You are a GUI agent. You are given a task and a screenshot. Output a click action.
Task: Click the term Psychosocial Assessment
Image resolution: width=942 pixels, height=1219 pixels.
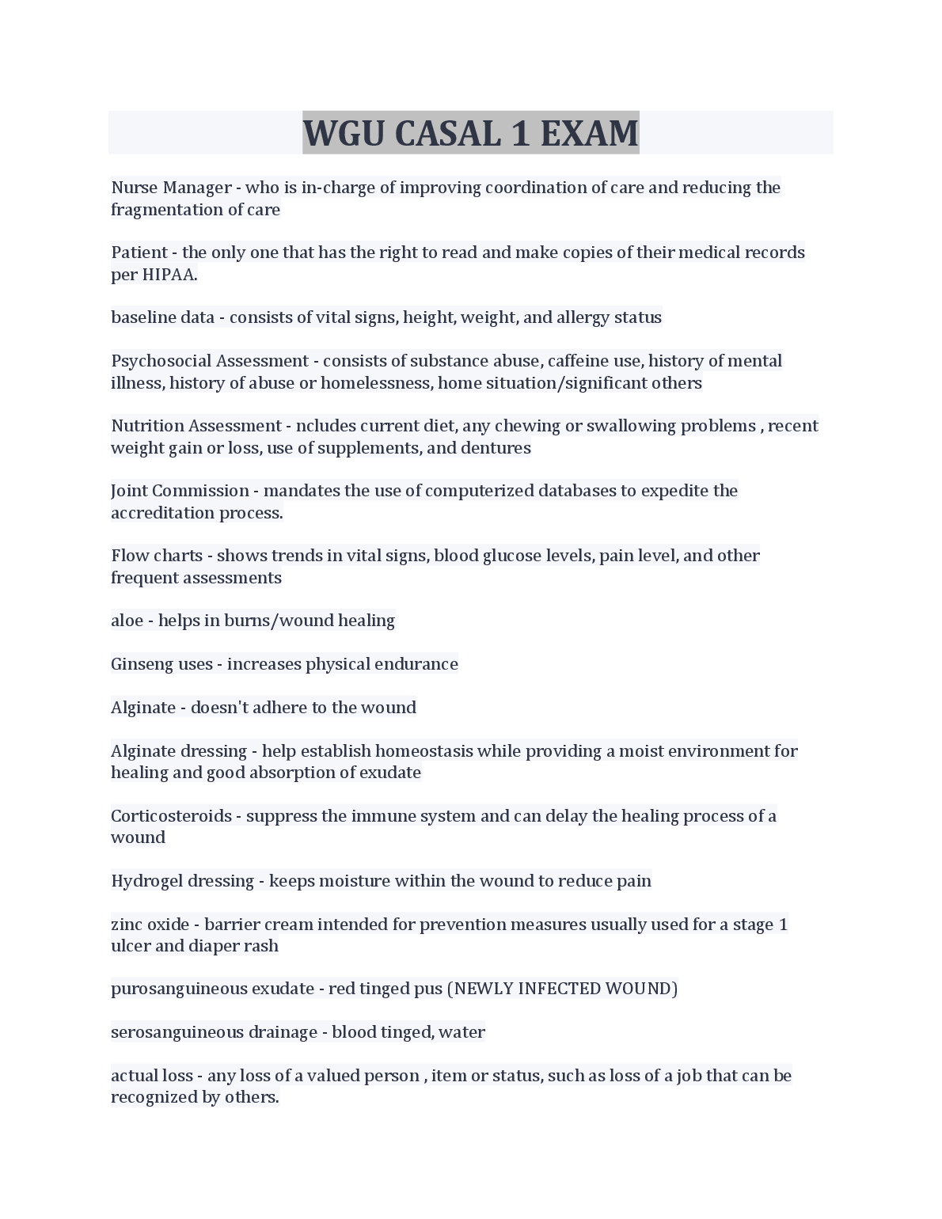pyautogui.click(x=210, y=361)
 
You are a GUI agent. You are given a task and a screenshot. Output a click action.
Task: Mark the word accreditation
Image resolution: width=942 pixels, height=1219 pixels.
pyautogui.click(x=162, y=513)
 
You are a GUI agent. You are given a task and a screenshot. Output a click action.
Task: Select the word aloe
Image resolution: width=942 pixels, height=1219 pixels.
pyautogui.click(x=127, y=621)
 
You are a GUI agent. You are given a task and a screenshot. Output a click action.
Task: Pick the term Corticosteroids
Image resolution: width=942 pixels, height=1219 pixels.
pyautogui.click(x=171, y=816)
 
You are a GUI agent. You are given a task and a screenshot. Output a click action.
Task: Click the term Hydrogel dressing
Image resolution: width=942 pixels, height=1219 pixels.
pyautogui.click(x=182, y=881)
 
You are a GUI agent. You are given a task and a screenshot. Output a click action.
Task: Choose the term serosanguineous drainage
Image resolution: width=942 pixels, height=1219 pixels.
pyautogui.click(x=214, y=1032)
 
